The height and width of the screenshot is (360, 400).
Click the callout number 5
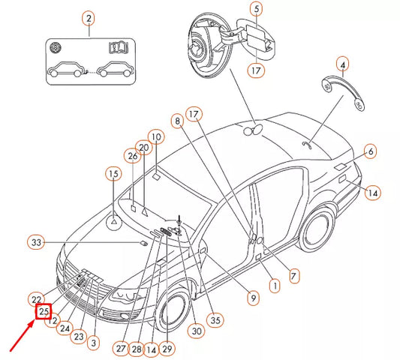[255, 9]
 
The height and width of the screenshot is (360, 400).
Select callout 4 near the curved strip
[343, 65]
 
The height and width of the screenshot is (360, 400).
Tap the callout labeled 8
[177, 120]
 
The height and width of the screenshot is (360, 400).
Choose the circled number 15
[113, 175]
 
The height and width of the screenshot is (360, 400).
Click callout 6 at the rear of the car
[370, 152]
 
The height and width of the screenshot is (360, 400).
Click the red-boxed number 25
[44, 311]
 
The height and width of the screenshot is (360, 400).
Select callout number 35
[215, 320]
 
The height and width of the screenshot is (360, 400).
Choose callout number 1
[274, 286]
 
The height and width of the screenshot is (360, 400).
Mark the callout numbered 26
[132, 157]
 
